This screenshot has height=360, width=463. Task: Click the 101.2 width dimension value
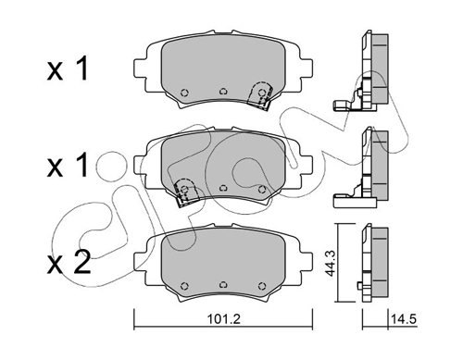pyautogui.click(x=224, y=319)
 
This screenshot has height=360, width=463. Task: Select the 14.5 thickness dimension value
pyautogui.click(x=404, y=319)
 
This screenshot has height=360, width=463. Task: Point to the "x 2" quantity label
pyautogui.click(x=69, y=262)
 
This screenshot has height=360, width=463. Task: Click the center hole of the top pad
pyautogui.click(x=223, y=92)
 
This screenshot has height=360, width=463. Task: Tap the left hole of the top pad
pyautogui.click(x=184, y=93)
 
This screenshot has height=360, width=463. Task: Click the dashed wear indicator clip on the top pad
pyautogui.click(x=260, y=95)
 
